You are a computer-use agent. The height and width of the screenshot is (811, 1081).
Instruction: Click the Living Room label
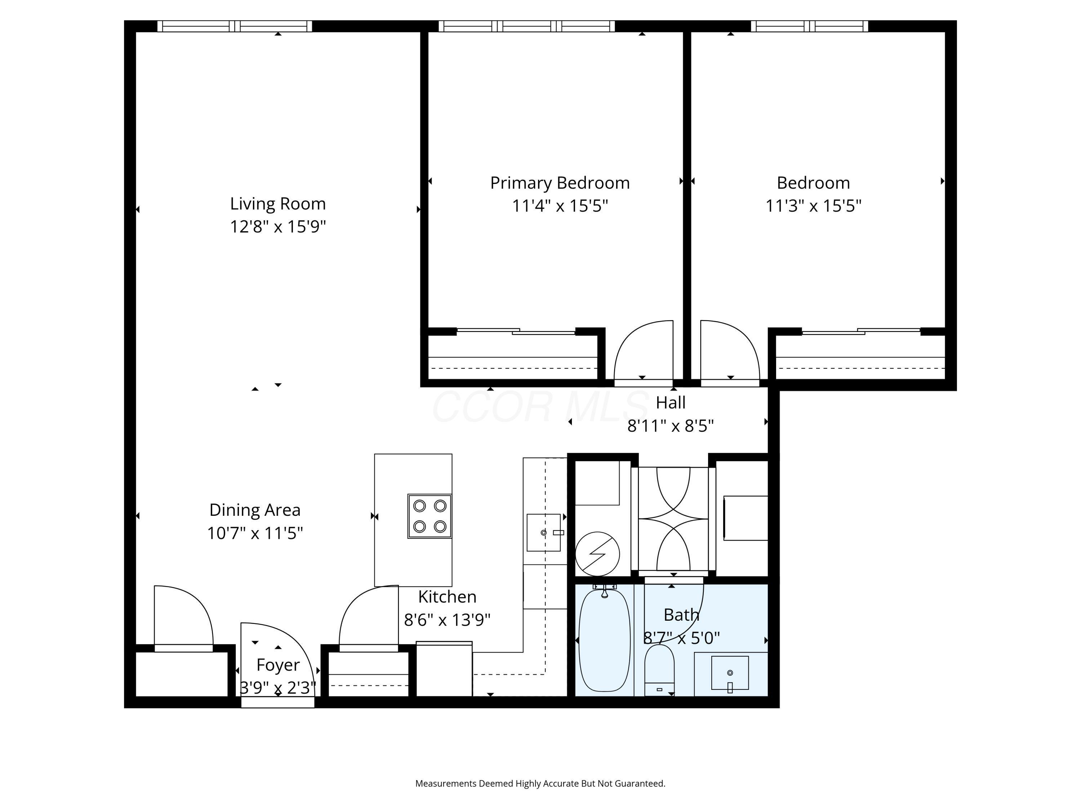(x=277, y=203)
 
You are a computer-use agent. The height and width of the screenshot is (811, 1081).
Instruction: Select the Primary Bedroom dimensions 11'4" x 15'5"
(x=560, y=206)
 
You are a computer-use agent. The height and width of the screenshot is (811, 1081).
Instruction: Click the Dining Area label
(x=255, y=510)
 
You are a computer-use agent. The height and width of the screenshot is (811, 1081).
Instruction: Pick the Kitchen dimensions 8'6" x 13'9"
(x=447, y=620)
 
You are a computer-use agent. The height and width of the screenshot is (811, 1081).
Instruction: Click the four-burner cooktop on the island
(x=429, y=516)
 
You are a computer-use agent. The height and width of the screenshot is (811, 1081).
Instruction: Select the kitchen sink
(x=543, y=532)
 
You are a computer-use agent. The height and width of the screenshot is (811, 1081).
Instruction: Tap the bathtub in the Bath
(x=605, y=641)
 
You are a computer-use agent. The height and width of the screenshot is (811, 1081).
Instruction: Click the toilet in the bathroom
(x=659, y=669)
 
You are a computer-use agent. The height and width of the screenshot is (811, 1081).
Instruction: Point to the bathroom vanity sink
(x=730, y=673)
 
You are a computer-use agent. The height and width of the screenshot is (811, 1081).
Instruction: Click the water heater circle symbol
(x=597, y=554)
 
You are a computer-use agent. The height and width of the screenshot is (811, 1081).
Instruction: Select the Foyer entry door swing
(x=273, y=655)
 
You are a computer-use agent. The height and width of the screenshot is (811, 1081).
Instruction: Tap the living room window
(x=235, y=26)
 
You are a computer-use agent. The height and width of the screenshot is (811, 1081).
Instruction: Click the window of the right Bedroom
(x=809, y=26)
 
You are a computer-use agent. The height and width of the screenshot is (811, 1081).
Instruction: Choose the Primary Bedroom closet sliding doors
(x=516, y=332)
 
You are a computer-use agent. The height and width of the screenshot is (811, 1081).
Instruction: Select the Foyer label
(x=277, y=665)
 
